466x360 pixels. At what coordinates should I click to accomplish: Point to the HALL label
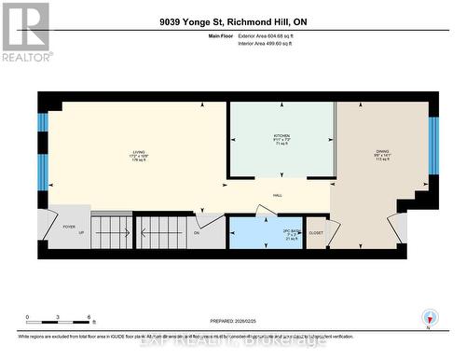click(278, 194)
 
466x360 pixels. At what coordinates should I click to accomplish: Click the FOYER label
click(69, 225)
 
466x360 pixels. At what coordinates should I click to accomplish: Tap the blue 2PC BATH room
click(264, 233)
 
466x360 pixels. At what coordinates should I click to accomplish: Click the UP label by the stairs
click(81, 233)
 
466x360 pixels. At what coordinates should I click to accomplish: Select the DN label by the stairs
click(197, 233)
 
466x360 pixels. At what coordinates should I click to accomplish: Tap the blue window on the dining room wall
click(432, 146)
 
